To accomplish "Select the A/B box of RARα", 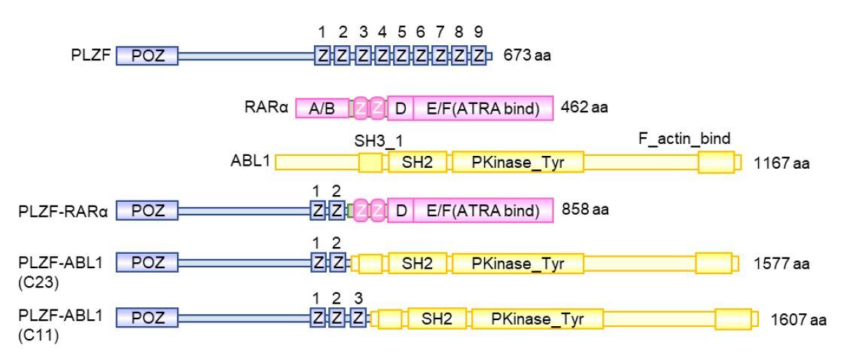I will click(x=321, y=108).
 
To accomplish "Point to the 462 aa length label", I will click(x=585, y=108).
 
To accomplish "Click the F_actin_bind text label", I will click(x=684, y=139).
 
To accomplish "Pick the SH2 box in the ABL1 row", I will click(x=417, y=161).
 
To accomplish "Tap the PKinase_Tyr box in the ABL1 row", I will click(x=517, y=161).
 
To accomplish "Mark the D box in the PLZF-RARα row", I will click(x=401, y=212).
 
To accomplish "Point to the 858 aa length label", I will click(x=585, y=210).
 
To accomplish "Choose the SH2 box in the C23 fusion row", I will click(x=417, y=262).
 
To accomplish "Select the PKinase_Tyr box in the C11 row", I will click(x=537, y=319).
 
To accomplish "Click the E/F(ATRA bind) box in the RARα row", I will click(x=483, y=108).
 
